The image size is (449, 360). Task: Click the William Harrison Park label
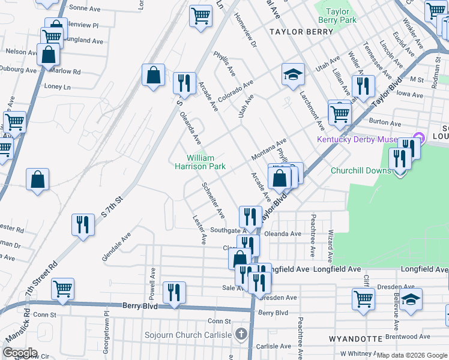pyautogui.click(x=200, y=162)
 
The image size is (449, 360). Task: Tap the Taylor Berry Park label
pyautogui.click(x=337, y=16)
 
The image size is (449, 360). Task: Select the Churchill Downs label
pyautogui.click(x=361, y=170)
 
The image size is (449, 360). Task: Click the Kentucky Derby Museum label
pyautogui.click(x=357, y=140)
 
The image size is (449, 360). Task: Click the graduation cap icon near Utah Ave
pyautogui.click(x=293, y=74)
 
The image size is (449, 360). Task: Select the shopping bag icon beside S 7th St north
pyautogui.click(x=153, y=76)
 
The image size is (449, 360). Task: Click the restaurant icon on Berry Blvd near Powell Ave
pyautogui.click(x=174, y=293)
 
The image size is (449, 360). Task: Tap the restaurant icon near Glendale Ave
pyautogui.click(x=83, y=225)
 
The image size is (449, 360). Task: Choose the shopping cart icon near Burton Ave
pyautogui.click(x=340, y=112)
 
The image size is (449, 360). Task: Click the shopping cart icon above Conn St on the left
pyautogui.click(x=62, y=289)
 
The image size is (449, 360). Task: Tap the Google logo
pyautogui.click(x=20, y=353)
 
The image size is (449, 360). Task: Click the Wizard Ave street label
pyautogui.click(x=330, y=245)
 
